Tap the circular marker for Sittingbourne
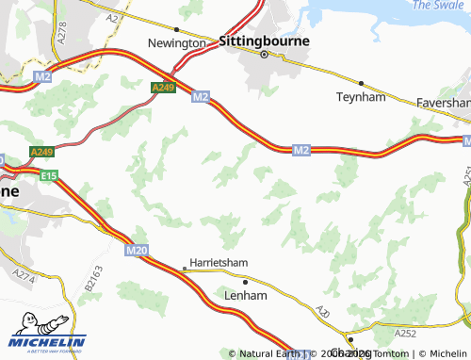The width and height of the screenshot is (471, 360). [x=265, y=55]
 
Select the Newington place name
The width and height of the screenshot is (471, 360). [x=176, y=43]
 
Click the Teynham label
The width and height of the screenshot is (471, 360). [x=361, y=96]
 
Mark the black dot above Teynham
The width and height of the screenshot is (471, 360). [x=361, y=83]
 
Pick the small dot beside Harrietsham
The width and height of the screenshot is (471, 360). [x=185, y=269]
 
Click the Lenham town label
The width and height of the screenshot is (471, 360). [x=246, y=295]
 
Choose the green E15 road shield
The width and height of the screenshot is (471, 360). [x=49, y=174]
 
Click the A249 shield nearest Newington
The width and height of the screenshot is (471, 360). [x=162, y=88]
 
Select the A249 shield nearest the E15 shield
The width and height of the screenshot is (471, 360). [x=41, y=152]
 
